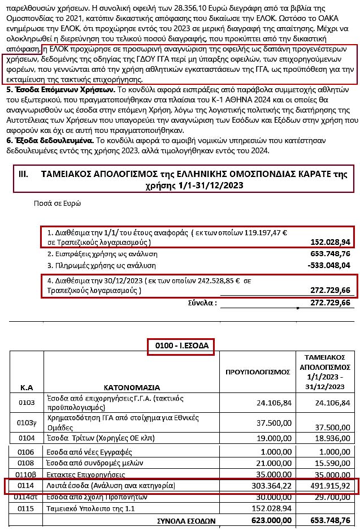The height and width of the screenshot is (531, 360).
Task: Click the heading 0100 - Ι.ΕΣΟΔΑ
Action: tap(181, 346)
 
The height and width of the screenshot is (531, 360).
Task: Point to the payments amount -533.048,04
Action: tap(329, 265)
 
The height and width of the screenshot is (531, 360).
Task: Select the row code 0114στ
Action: tap(29, 497)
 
